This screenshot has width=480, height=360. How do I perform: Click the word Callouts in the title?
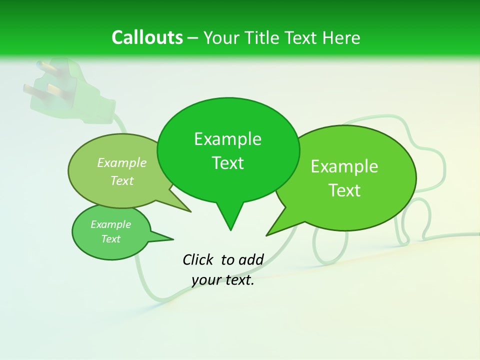point(147,37)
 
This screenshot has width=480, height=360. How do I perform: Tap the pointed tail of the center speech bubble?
point(230,222)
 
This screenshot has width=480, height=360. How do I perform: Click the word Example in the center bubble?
point(227,139)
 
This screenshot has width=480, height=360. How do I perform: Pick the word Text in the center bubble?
point(227,163)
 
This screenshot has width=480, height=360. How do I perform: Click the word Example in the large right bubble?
point(344,166)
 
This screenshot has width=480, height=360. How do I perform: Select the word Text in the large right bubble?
point(344,190)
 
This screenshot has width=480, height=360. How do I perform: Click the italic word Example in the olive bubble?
point(122,162)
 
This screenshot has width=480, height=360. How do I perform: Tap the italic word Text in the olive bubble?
point(122,180)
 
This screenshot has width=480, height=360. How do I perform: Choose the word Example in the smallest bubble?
point(110,224)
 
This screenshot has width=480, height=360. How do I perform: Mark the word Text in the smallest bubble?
point(110,239)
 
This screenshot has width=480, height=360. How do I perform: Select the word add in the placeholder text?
point(251,259)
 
